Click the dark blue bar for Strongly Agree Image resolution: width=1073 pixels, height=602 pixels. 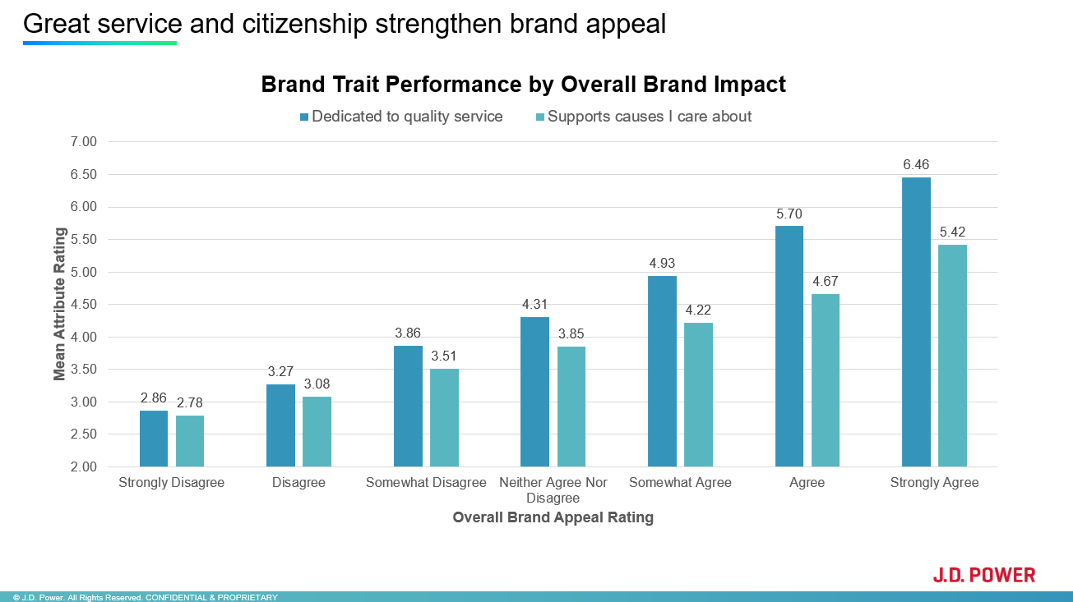(x=916, y=322)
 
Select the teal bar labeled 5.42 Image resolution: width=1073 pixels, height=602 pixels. (x=952, y=356)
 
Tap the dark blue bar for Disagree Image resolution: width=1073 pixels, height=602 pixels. (x=280, y=425)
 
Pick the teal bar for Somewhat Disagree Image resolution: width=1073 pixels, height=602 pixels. (x=444, y=418)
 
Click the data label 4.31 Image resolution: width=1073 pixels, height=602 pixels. (x=534, y=304)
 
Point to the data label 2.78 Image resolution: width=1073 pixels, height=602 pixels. (x=189, y=402)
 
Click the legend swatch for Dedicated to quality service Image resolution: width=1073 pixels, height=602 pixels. (x=304, y=117)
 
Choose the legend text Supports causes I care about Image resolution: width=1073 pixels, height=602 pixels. (x=650, y=117)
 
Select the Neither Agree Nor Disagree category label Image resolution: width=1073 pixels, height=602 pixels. (x=553, y=490)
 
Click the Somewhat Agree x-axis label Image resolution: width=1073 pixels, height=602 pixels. (x=680, y=483)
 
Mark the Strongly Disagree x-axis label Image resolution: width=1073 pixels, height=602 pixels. (x=171, y=483)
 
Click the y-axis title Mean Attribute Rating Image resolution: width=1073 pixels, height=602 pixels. (x=59, y=305)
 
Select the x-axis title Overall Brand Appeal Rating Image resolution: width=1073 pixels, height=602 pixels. (x=553, y=517)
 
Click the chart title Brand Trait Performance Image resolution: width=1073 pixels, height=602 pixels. (x=523, y=85)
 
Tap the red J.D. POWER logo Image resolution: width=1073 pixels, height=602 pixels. (x=983, y=575)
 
